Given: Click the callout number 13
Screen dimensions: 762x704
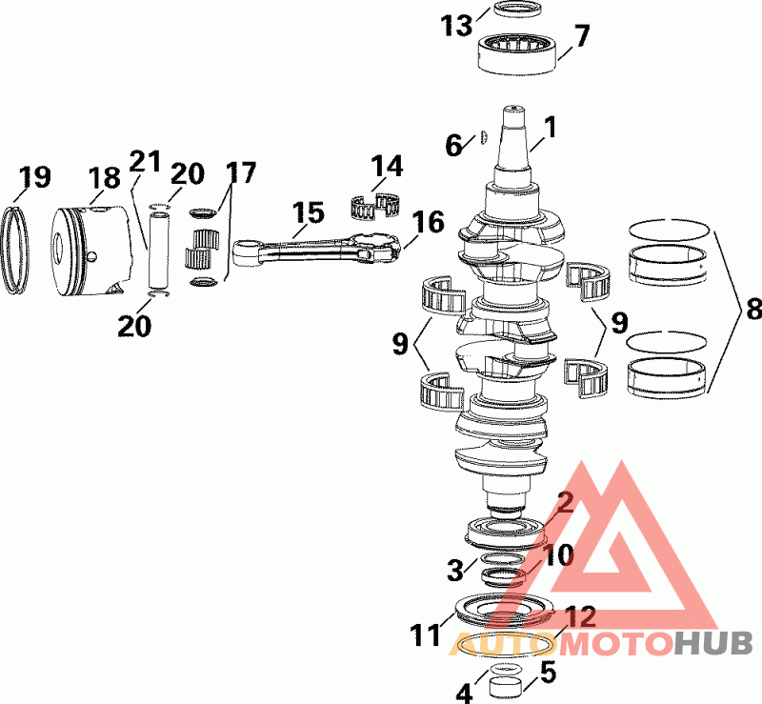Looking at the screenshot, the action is pyautogui.click(x=457, y=26).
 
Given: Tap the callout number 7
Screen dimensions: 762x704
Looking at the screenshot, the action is pyautogui.click(x=582, y=36).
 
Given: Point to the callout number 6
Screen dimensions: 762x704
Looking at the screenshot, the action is pyautogui.click(x=455, y=145).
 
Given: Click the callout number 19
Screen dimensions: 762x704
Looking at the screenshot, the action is pyautogui.click(x=34, y=177).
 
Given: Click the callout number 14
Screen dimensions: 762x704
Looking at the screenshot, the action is pyautogui.click(x=388, y=168).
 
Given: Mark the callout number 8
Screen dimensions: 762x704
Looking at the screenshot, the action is pyautogui.click(x=752, y=310).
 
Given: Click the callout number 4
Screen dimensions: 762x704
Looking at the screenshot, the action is pyautogui.click(x=464, y=694).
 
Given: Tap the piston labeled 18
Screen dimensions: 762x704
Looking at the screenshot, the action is pyautogui.click(x=91, y=249).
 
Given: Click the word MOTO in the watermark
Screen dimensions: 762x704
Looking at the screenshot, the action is pyautogui.click(x=621, y=644).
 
